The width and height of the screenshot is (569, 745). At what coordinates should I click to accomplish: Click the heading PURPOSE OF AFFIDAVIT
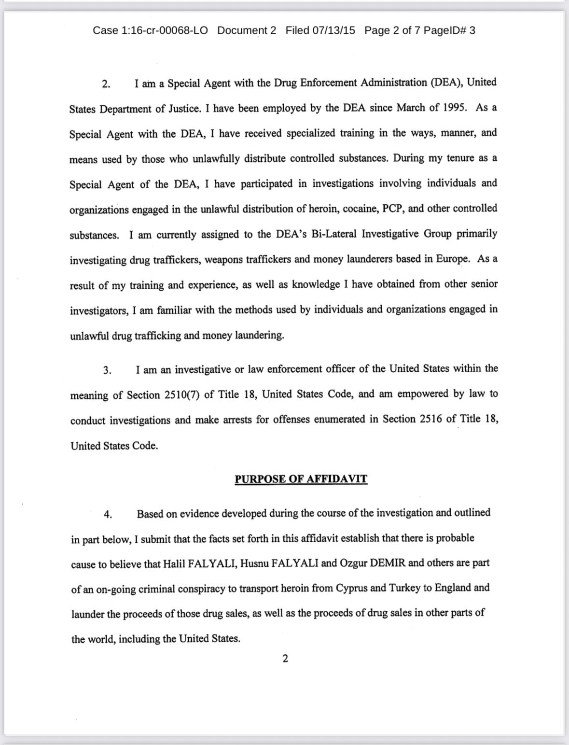pyautogui.click(x=301, y=479)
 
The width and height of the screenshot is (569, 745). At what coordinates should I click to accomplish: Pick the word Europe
pyautogui.click(x=453, y=259)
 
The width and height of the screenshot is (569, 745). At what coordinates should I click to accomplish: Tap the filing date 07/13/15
pyautogui.click(x=333, y=30)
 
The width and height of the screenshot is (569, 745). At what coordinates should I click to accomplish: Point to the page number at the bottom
pyautogui.click(x=285, y=659)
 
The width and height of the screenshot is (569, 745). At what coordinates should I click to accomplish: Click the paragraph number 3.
pyautogui.click(x=107, y=370)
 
